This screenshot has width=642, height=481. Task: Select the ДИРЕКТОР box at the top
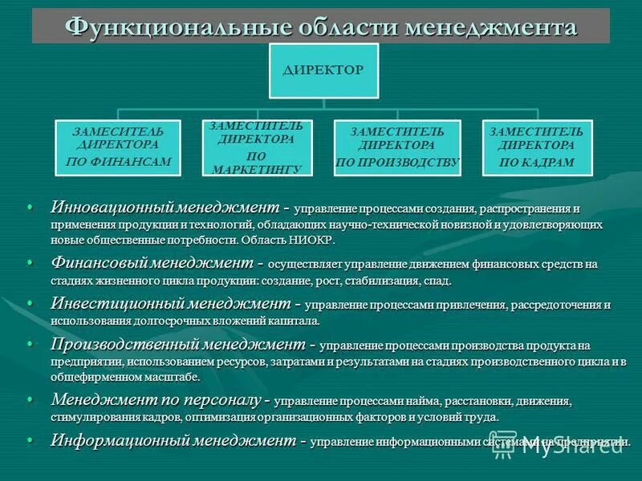pos(323,71)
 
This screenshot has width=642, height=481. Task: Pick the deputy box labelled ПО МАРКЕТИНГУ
pos(256,148)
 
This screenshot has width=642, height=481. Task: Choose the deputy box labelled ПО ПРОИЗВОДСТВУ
pos(397,148)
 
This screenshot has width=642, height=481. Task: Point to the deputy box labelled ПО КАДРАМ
pos(536,148)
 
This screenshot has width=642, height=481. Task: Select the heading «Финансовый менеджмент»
pos(152,263)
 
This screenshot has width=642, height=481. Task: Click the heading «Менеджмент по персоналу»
pos(156,399)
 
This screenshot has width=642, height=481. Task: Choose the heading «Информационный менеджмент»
pos(173,440)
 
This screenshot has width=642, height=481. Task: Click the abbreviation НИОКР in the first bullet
pos(315,240)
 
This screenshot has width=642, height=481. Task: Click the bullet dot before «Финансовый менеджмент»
pos(30,264)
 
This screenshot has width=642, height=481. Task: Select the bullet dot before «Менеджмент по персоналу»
pos(30,400)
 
